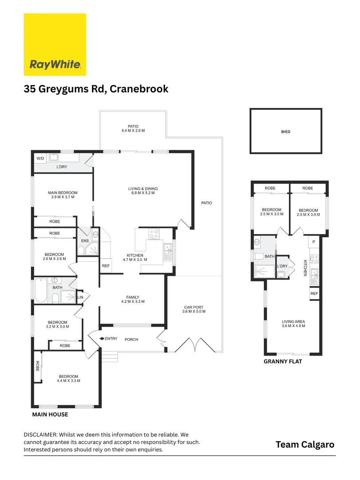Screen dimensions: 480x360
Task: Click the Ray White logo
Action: [x=55, y=44]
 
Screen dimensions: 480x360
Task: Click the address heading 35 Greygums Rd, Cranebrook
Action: [x=96, y=89]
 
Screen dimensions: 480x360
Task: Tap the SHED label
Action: [x=286, y=132]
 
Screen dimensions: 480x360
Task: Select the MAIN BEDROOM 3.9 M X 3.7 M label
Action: [x=63, y=195]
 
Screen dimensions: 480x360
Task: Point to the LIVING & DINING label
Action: [x=143, y=191]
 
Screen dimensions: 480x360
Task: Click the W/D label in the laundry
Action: [x=40, y=158]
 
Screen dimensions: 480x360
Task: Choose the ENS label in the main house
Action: [x=84, y=241]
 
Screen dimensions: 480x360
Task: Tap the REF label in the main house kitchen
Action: [x=106, y=266]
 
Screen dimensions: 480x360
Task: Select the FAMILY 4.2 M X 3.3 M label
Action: [x=133, y=300]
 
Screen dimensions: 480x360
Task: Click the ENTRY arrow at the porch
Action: [x=102, y=339]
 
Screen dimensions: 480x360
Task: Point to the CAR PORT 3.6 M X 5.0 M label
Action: [x=193, y=309]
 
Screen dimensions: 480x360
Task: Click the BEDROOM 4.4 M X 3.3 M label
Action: [x=68, y=378]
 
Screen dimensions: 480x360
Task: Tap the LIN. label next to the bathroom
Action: [x=80, y=297]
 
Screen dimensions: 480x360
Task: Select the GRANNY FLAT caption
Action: [x=283, y=362]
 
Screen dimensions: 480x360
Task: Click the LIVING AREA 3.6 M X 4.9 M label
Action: [x=293, y=324]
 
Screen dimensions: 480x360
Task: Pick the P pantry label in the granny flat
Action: [x=314, y=242]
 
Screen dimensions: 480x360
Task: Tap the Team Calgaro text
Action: [x=305, y=444]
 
